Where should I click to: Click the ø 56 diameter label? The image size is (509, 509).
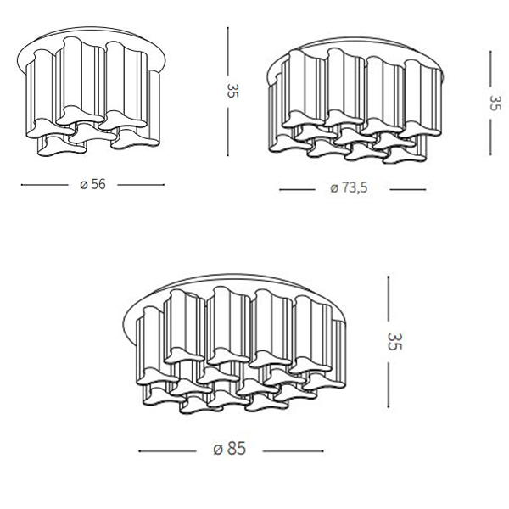[92, 184]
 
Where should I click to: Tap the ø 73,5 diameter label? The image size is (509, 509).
[349, 188]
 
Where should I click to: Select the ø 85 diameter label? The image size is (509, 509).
[230, 449]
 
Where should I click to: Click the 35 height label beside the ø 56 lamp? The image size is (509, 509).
[232, 91]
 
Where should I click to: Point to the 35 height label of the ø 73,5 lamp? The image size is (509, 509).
[495, 103]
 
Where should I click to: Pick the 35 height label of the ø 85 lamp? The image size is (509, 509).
[394, 341]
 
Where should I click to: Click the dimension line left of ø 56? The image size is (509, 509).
[45, 185]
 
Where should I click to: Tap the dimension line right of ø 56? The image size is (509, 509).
[141, 185]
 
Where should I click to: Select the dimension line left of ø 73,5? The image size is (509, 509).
[298, 189]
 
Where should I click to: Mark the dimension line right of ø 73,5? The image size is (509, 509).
[408, 189]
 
